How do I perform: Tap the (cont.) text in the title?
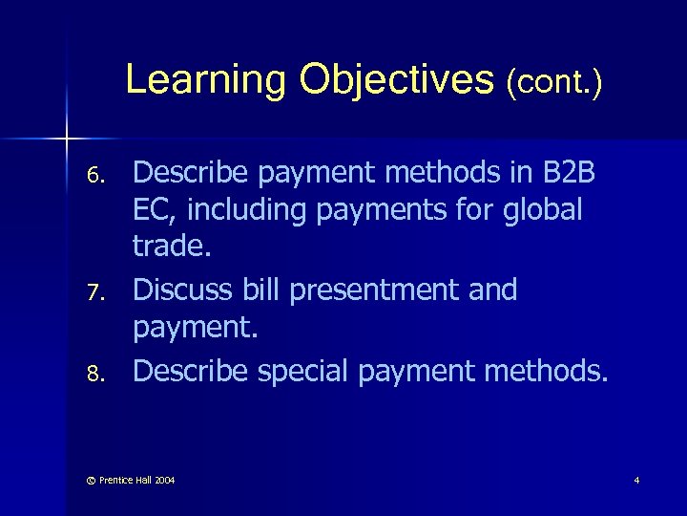tap(554, 82)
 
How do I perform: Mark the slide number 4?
tap(635, 479)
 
